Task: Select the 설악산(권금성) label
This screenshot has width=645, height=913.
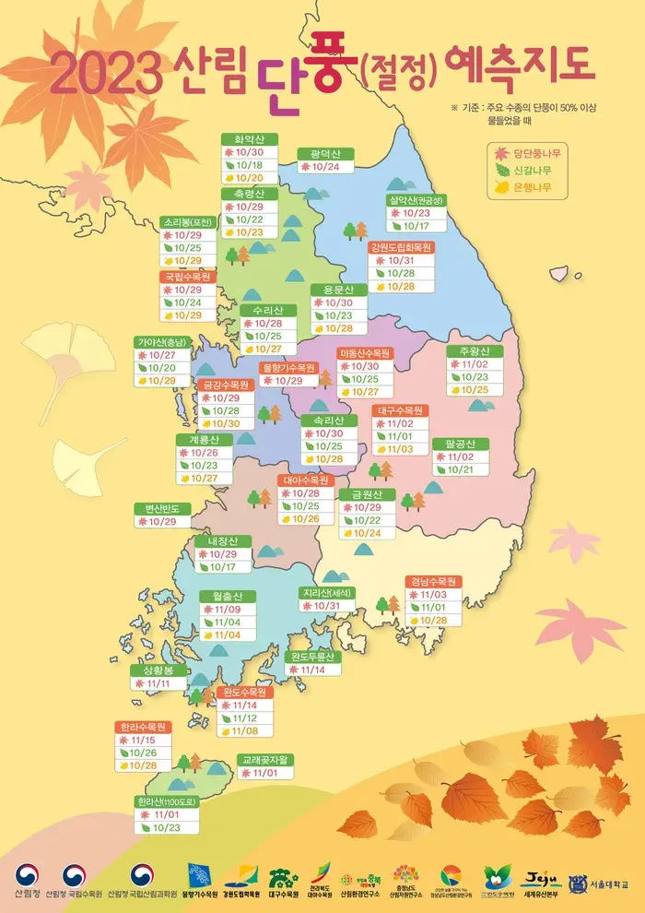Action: click(x=416, y=199)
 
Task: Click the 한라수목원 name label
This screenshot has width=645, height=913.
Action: click(x=142, y=727)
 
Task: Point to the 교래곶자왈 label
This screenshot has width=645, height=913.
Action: click(x=267, y=760)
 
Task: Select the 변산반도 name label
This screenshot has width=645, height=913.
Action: click(x=162, y=508)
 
